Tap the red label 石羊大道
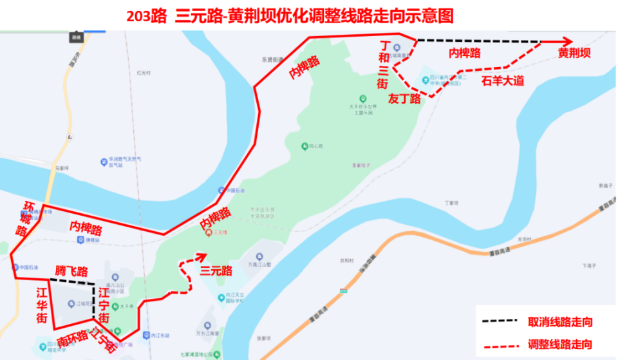point(503,81)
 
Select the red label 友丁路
point(404,99)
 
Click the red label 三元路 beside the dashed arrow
point(216,271)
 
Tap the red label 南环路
point(72,339)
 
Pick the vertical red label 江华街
point(41,305)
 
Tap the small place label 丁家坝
point(450,203)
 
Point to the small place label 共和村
point(347,261)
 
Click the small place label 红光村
point(143,73)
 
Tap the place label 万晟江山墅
point(260,264)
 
